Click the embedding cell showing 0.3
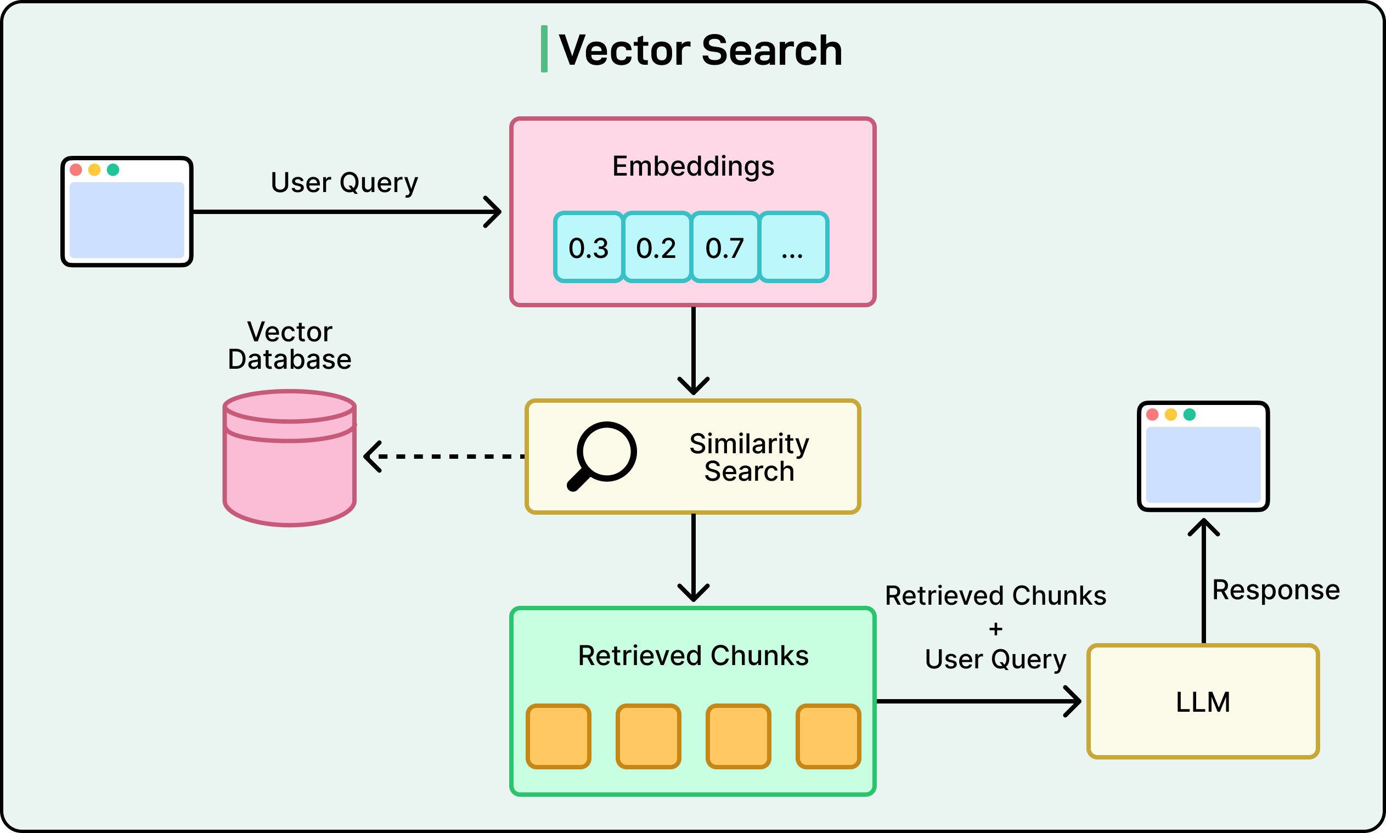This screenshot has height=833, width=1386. (588, 247)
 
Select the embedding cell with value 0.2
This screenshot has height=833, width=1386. (657, 247)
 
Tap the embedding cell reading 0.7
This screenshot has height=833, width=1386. (725, 247)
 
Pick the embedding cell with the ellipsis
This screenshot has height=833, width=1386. (793, 247)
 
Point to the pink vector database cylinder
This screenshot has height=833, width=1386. (290, 466)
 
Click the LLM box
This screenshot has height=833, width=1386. (1203, 702)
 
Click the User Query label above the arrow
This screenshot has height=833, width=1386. (344, 182)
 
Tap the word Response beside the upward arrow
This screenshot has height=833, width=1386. (1276, 590)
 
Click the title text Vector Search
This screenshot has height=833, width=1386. (700, 50)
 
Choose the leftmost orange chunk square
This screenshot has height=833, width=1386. (559, 736)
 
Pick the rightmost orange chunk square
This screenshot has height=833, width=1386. (828, 736)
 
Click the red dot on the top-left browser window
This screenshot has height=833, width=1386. (76, 170)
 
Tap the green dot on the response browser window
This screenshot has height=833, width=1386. (1189, 414)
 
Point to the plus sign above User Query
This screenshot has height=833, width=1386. (995, 629)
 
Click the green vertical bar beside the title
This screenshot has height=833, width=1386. (544, 49)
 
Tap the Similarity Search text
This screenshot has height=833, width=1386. (749, 457)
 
